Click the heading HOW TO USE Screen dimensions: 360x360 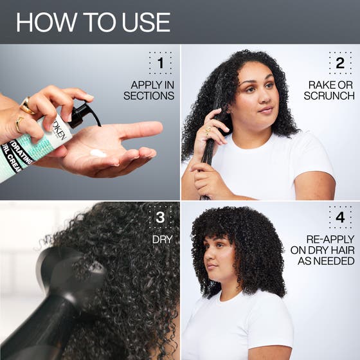click(93, 22)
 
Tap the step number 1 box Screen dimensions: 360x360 click(160, 63)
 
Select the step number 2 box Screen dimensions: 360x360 click(340, 63)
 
